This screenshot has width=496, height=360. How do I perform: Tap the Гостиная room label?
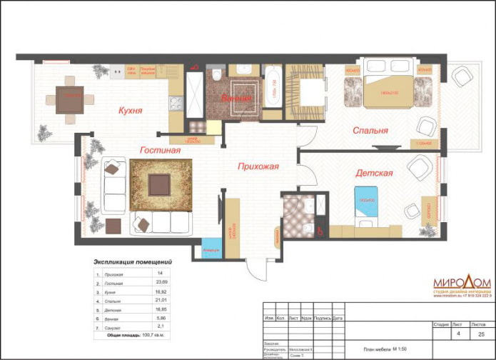coord(160,151)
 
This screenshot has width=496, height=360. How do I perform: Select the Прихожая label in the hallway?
coord(258,166)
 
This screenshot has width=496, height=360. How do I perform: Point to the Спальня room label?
coord(370,131)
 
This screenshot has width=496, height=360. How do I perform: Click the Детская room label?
coord(374,173)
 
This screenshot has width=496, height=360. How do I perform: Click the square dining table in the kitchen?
coord(70,99)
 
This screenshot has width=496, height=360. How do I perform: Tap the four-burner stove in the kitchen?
coord(176,103)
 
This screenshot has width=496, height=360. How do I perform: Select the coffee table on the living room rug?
coord(159,184)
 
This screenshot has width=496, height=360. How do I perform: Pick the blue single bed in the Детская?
coord(367,204)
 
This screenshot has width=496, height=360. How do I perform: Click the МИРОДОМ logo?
coord(461,281)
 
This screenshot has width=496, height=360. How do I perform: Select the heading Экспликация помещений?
coord(133,262)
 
